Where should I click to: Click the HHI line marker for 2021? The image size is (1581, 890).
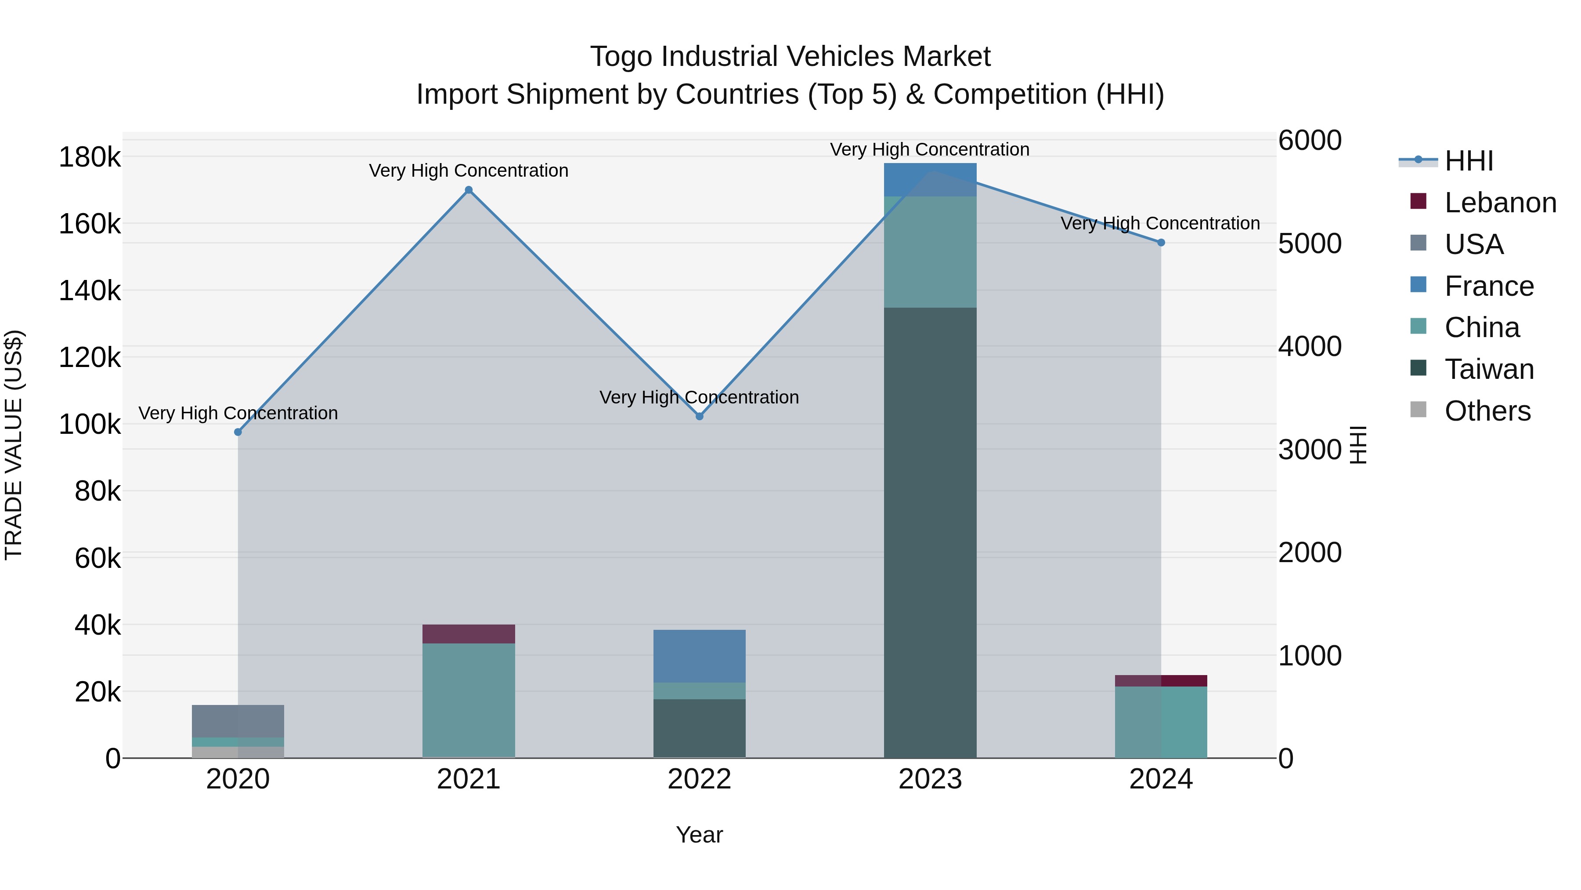point(468,190)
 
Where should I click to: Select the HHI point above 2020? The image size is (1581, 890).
point(238,432)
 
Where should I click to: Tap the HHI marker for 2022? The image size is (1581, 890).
point(699,417)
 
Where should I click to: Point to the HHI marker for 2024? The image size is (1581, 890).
point(1161,243)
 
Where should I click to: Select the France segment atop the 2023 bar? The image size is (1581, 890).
point(930,180)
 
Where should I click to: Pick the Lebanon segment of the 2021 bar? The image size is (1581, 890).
point(468,634)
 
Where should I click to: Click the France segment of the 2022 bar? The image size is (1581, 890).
point(699,656)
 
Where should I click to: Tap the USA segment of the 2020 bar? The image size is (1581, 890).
point(238,721)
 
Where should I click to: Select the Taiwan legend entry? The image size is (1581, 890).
point(1488,369)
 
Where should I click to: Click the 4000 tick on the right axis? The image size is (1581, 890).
point(1309,346)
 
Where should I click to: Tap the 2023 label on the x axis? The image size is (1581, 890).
point(930,779)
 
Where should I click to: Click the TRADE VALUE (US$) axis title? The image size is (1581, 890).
point(14,445)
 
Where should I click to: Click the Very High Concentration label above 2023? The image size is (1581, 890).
point(929,149)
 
